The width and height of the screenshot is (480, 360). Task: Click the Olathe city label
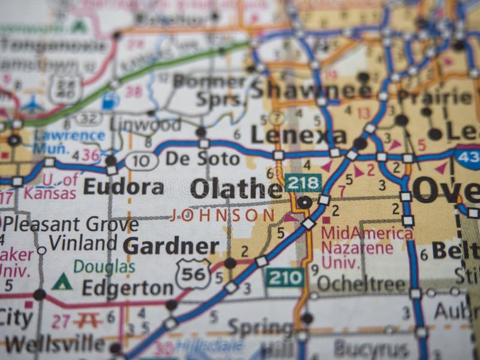[236, 188]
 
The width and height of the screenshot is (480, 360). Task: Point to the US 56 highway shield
[193, 273]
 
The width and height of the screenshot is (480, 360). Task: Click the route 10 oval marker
[142, 161]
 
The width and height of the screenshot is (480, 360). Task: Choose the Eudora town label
[123, 187]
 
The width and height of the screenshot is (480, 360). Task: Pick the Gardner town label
[171, 246]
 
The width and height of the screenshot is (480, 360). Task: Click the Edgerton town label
[127, 289]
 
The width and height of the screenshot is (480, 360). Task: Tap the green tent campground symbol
[62, 281]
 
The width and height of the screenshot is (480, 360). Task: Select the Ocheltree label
[361, 284]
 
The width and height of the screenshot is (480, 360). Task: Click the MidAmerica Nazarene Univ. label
[366, 247]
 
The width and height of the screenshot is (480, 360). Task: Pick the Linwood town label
[145, 125]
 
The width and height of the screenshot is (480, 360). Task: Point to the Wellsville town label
[55, 344]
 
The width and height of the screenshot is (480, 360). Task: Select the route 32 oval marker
[88, 119]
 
